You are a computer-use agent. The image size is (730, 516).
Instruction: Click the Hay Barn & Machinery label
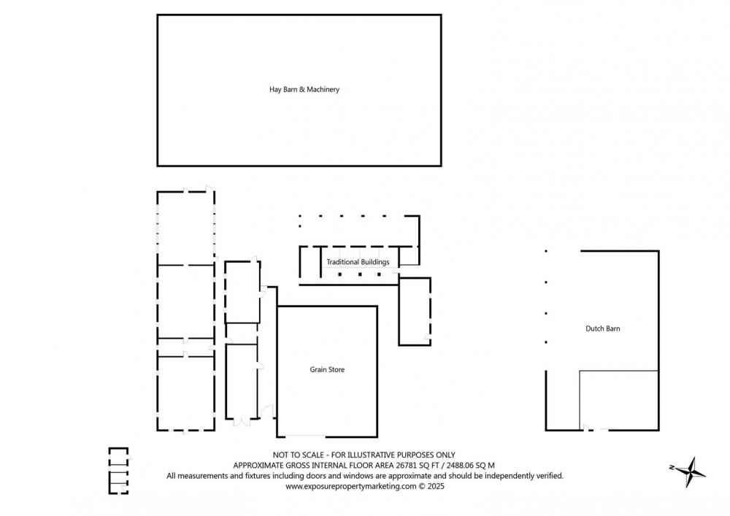coord(304,89)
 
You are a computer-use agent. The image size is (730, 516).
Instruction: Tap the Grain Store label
coord(327,369)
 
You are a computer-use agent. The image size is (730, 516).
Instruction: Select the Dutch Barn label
coord(602,328)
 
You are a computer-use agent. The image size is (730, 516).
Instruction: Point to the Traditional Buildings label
coord(358,262)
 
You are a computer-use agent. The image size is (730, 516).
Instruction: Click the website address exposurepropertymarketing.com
coord(351,486)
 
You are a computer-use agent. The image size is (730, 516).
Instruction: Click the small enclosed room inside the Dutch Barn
coord(619,400)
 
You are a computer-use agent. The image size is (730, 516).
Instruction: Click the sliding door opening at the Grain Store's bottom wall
coord(305,436)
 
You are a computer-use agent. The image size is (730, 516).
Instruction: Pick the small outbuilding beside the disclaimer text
coord(119,471)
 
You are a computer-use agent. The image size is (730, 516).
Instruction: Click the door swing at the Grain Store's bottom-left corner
coord(266,412)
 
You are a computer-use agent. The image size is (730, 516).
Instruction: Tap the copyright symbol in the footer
coord(422,486)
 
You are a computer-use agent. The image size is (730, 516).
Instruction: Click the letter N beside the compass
coord(672,467)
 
